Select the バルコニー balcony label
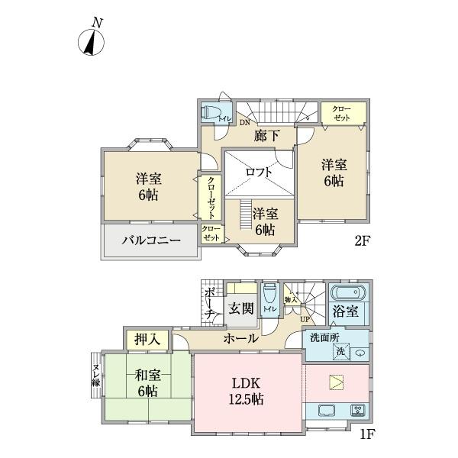150,241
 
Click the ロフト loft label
259,172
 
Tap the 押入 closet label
147,338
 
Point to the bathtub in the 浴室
349,294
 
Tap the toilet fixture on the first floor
269,295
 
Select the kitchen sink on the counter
327,411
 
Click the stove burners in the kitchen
357,411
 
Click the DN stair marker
244,122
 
